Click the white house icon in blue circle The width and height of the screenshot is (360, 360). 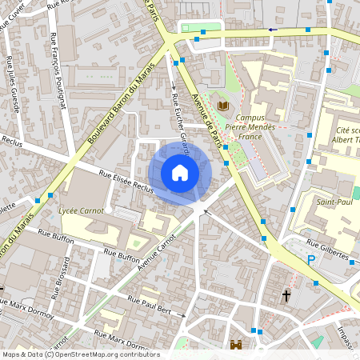click(x=180, y=172)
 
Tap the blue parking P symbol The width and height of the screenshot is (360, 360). click(x=311, y=260)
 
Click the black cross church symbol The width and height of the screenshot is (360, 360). click(x=286, y=296)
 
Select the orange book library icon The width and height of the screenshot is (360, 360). click(x=224, y=106)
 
